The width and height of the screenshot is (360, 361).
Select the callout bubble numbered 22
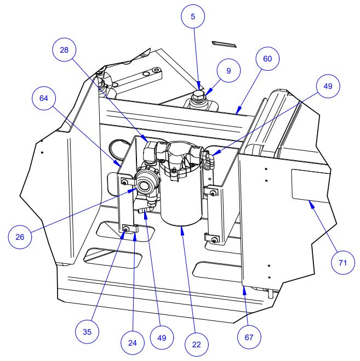tap(196, 345)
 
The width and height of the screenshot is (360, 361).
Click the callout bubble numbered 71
tap(342, 263)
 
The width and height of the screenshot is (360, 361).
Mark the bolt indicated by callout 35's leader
tap(127, 229)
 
